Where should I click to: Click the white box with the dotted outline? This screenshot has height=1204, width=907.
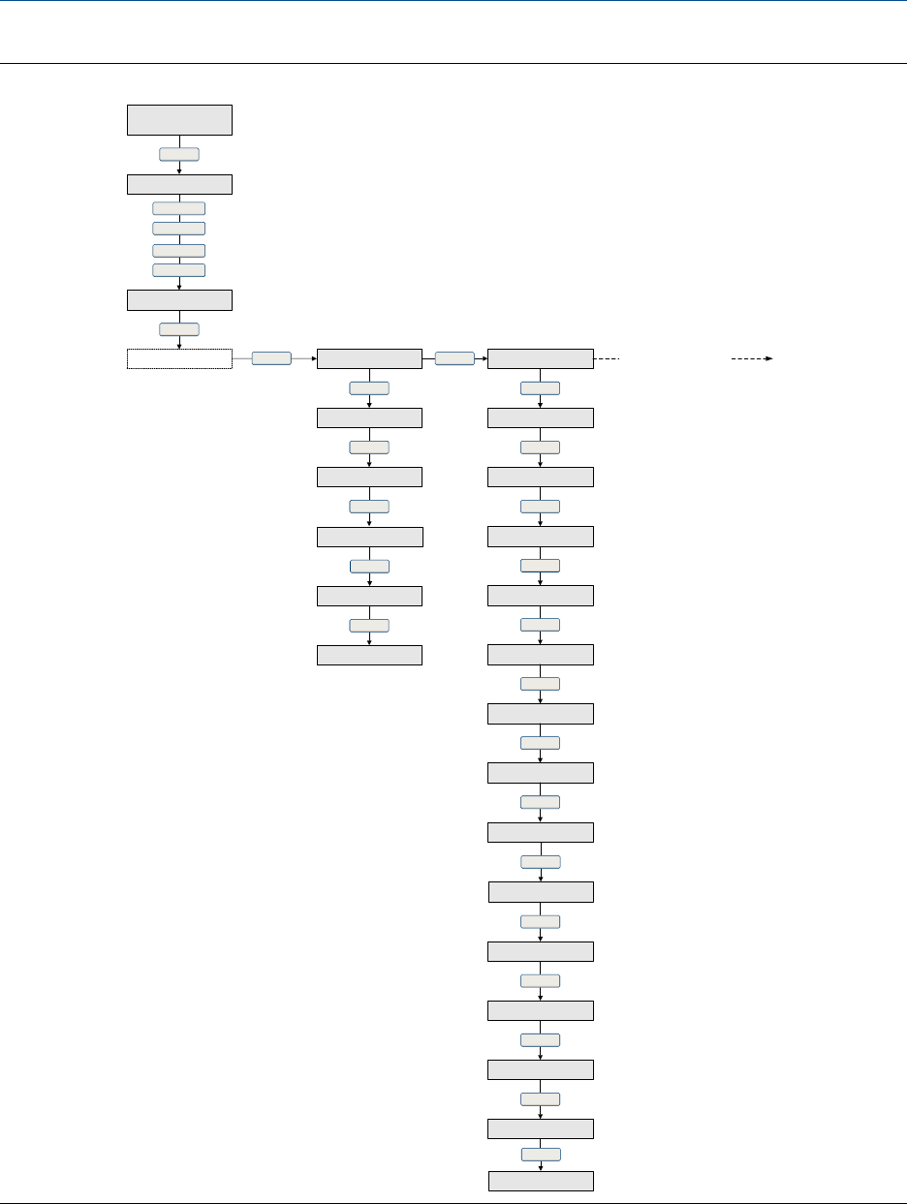(179, 359)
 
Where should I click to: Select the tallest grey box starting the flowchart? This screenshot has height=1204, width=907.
(179, 120)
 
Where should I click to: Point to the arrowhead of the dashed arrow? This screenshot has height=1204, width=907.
(768, 358)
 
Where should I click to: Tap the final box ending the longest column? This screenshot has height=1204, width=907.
(541, 1181)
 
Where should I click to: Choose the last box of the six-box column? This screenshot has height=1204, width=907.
(370, 655)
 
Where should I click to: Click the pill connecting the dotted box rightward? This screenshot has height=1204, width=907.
(271, 358)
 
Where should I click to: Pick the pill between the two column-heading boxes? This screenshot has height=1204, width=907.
(454, 358)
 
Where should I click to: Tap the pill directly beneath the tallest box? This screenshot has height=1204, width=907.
(179, 154)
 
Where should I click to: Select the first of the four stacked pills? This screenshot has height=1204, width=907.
(179, 207)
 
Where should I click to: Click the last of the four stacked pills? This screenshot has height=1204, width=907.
(179, 269)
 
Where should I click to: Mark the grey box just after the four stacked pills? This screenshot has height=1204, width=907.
(179, 299)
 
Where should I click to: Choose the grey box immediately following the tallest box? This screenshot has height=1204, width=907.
(179, 184)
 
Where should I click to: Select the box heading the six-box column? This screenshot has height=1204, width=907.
(370, 358)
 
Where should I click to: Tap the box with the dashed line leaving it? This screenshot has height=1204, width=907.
(541, 358)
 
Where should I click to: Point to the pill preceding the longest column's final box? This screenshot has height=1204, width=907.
(541, 1155)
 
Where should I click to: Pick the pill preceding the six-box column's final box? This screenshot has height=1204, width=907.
(370, 626)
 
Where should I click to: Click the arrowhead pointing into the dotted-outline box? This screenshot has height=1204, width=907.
(179, 346)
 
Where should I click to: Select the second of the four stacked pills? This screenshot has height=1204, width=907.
(179, 229)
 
